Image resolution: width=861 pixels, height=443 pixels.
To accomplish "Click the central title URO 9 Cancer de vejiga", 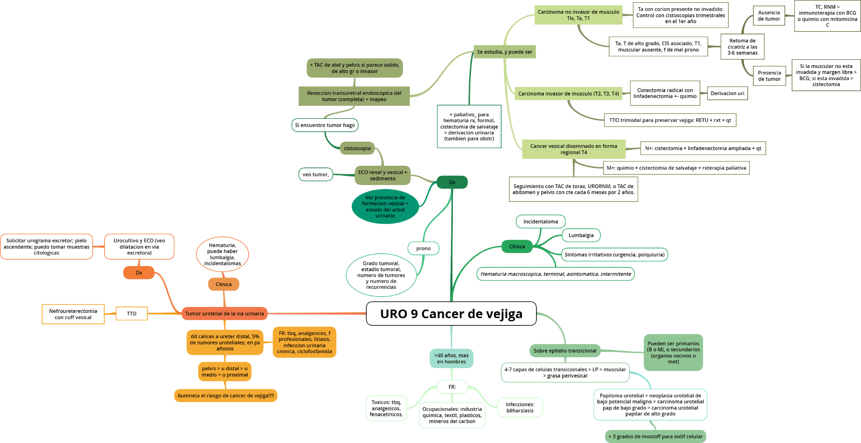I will coord(451,314).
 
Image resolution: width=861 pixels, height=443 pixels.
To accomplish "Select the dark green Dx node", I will coord(452,182).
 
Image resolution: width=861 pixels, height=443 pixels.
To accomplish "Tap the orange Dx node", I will coord(139,273).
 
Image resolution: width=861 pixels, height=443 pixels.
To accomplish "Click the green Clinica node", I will coord(517,247).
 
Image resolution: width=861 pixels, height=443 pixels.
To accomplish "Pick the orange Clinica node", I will coord(223,284).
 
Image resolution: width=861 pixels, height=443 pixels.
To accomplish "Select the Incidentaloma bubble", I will coord(540,222).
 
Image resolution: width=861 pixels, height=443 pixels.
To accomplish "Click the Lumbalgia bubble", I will coord(581,235).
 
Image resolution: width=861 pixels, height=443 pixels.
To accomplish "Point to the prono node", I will coord(423,248).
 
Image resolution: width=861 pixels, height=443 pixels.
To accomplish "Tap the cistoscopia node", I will coord(357,148).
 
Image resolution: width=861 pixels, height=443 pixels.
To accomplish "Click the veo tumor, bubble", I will coord(316,174).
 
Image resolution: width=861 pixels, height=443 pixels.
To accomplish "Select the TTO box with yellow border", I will coord(131,313).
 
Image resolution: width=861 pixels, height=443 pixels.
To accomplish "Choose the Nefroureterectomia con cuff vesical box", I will coord(73,314).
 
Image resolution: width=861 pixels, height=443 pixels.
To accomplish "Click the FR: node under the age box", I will coord(452,387).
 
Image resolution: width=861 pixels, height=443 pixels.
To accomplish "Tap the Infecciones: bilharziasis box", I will coord(520,407).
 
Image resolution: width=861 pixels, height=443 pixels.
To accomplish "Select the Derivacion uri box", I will coord(727,93).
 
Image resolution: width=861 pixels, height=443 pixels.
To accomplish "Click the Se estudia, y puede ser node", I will coord(505,52).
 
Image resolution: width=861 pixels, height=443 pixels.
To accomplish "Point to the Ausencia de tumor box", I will coord(769,16).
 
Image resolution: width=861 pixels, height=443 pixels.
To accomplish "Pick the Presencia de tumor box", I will coord(769,76).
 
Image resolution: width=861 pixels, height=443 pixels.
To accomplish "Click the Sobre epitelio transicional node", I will coord(565,350).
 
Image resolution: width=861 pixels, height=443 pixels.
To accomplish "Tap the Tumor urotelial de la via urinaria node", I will coord(224,313).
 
